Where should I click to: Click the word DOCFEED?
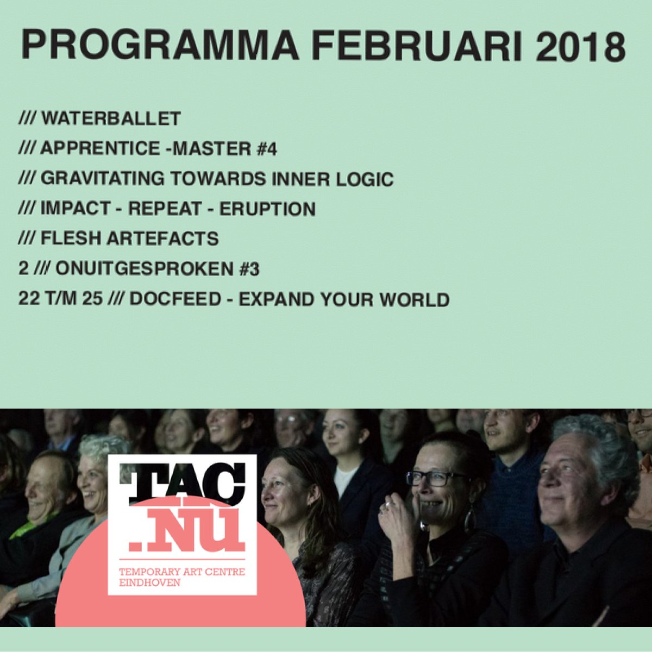(x=171, y=299)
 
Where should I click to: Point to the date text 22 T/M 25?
(x=60, y=299)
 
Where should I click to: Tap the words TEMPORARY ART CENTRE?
(x=181, y=572)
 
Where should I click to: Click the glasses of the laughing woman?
(x=435, y=478)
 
